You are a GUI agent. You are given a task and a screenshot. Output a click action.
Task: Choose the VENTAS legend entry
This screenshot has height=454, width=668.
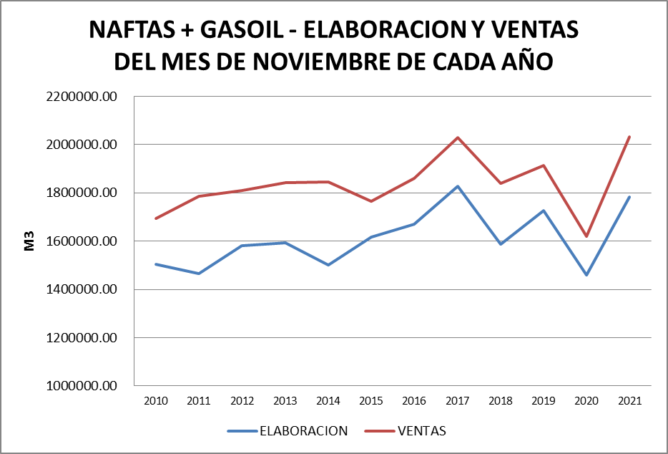tap(421, 431)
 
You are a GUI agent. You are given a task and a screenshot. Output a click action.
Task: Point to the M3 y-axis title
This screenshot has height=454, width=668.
tap(29, 241)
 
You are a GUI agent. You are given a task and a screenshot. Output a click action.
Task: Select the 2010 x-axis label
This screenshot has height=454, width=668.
tap(156, 401)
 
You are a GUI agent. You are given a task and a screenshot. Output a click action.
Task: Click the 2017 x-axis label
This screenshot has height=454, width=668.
tap(458, 401)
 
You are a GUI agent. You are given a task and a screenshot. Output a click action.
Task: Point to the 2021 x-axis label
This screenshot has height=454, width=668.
tap(629, 401)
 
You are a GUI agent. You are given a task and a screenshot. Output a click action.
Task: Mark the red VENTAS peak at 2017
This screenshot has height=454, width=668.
tap(458, 137)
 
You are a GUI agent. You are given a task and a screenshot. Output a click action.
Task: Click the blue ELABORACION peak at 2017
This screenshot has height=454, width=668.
tap(458, 186)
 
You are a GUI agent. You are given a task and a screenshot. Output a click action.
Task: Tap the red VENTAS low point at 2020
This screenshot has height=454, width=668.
tap(586, 236)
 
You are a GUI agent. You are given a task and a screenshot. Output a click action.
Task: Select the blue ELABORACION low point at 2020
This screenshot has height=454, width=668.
tap(586, 275)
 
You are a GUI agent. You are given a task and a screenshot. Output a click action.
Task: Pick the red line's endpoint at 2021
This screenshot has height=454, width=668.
tap(629, 137)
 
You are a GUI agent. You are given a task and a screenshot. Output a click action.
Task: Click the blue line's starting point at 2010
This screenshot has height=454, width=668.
tap(156, 264)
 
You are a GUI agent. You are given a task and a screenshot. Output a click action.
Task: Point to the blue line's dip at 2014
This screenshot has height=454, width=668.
tap(328, 265)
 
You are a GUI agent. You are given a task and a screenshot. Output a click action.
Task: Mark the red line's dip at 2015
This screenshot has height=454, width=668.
tap(371, 201)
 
